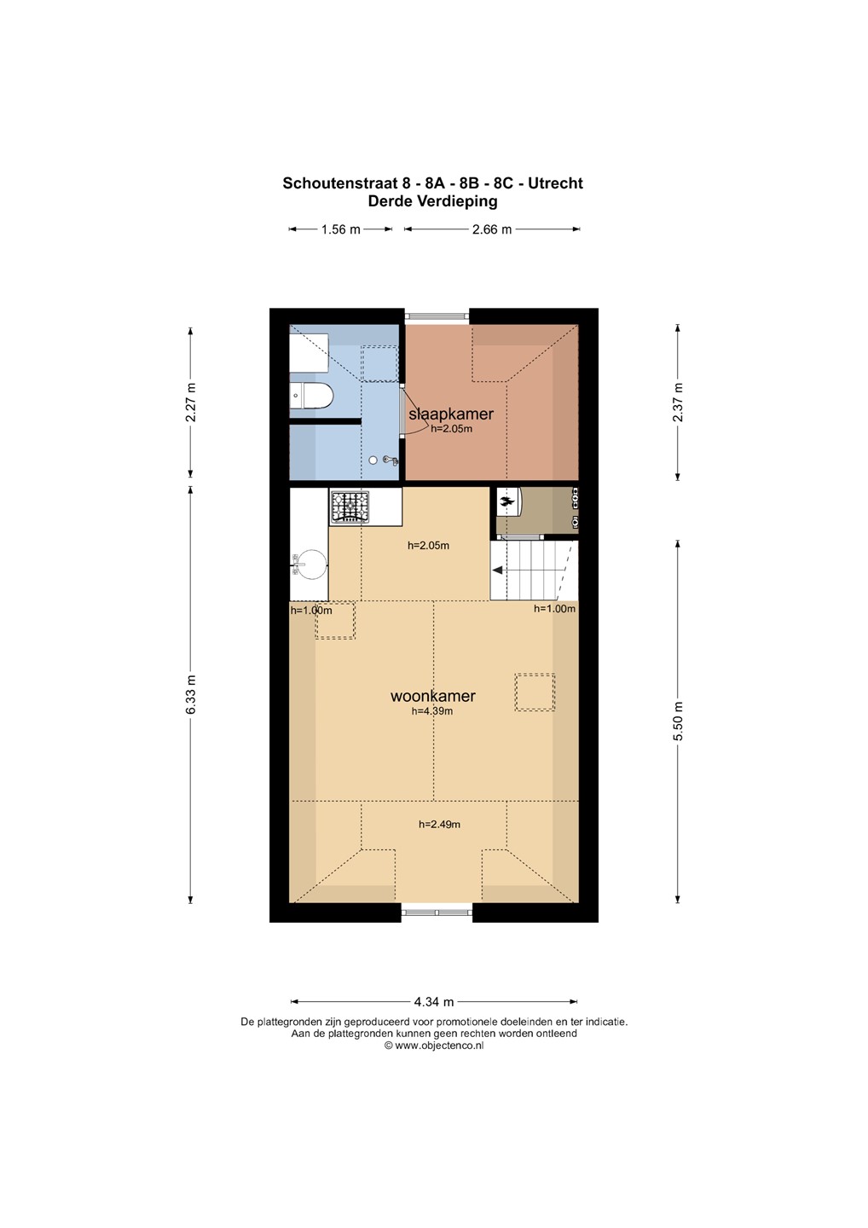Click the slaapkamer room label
(x=450, y=414)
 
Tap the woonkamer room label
(x=432, y=696)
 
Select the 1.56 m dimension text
(x=340, y=229)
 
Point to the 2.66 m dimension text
(x=491, y=229)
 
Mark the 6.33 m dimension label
(x=191, y=693)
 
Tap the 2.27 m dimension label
(x=191, y=402)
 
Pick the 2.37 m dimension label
(x=678, y=402)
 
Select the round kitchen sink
(x=312, y=565)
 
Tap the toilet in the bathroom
(x=310, y=396)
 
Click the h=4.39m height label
(x=432, y=711)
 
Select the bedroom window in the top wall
(x=437, y=316)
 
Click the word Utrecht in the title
(x=555, y=183)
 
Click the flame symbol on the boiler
(x=506, y=501)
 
